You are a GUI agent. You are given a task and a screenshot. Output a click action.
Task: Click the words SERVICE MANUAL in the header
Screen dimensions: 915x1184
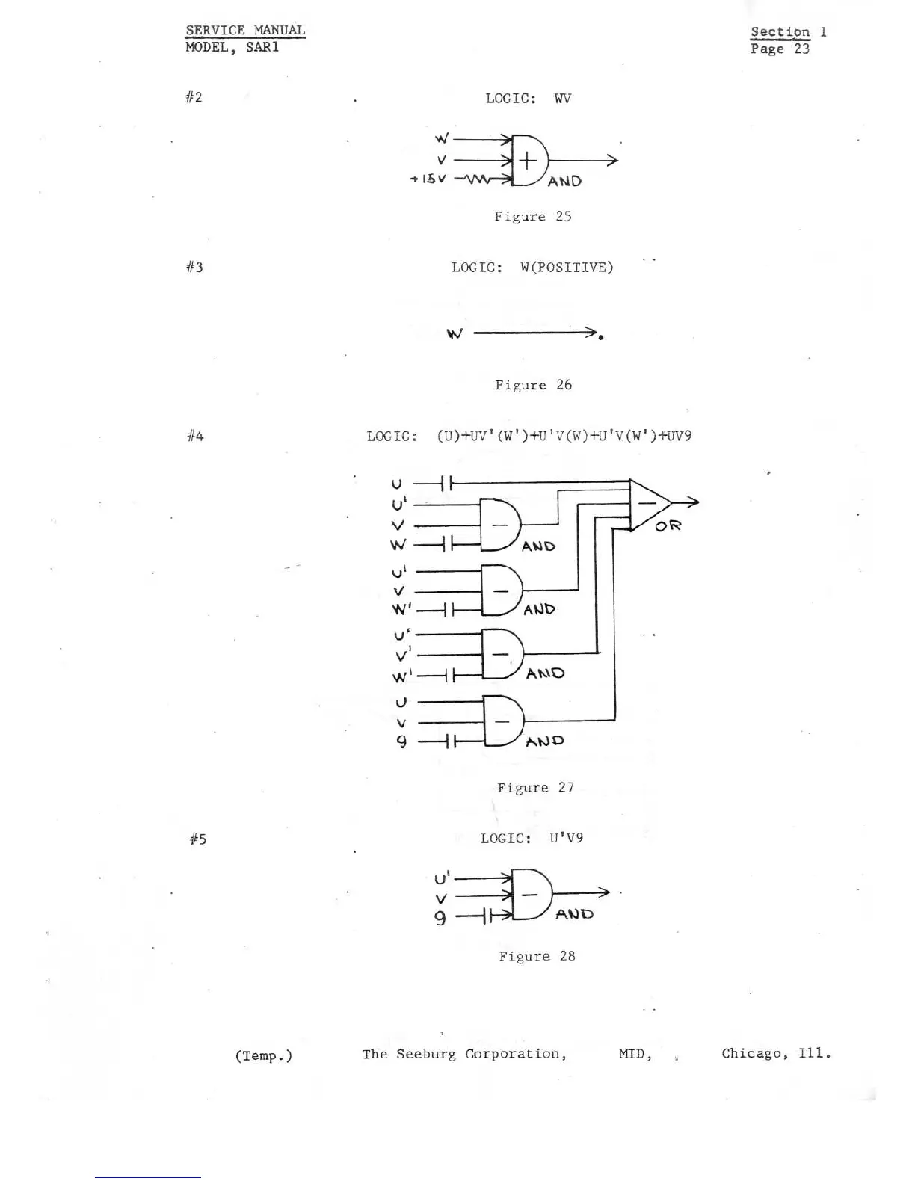pyautogui.click(x=245, y=30)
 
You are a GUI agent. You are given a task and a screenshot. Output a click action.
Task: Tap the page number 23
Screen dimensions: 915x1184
pyautogui.click(x=801, y=49)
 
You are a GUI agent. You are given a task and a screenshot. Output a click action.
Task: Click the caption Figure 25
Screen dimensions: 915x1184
pyautogui.click(x=533, y=216)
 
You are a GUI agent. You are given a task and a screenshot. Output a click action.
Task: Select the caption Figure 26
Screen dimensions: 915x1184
pyautogui.click(x=533, y=385)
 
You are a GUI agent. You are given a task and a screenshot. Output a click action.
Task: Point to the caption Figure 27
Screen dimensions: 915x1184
pyautogui.click(x=535, y=787)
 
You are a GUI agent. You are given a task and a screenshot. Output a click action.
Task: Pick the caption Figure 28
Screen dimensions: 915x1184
pyautogui.click(x=537, y=956)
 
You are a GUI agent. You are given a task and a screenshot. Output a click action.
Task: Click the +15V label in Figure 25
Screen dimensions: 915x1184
pyautogui.click(x=428, y=179)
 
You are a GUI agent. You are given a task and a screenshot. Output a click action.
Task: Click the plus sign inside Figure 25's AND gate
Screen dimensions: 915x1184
pyautogui.click(x=528, y=160)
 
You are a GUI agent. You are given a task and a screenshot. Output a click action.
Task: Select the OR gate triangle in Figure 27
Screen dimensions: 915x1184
pyautogui.click(x=647, y=503)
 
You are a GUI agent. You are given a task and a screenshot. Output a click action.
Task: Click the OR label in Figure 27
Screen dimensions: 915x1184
pyautogui.click(x=668, y=526)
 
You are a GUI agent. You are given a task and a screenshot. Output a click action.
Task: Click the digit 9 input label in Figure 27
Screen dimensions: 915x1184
pyautogui.click(x=401, y=741)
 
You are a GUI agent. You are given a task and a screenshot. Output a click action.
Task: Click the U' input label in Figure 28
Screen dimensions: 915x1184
pyautogui.click(x=442, y=877)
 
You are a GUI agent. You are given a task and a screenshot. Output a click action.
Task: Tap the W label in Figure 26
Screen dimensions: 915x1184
pyautogui.click(x=454, y=333)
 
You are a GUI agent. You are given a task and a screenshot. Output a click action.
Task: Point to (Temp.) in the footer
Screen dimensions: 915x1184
pyautogui.click(x=263, y=1055)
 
